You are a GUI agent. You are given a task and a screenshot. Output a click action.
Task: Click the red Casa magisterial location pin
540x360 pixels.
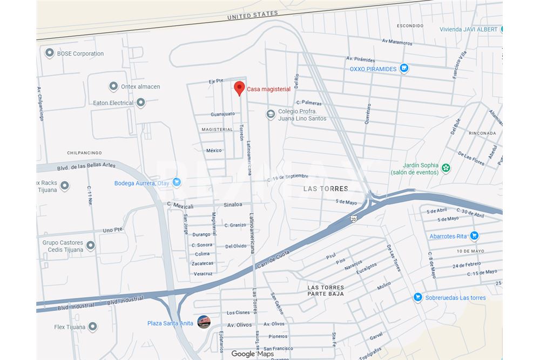[239, 88]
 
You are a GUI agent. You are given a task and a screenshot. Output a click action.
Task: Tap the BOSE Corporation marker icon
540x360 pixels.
[50, 53]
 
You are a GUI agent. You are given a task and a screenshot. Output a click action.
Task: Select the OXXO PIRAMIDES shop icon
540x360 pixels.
[404, 69]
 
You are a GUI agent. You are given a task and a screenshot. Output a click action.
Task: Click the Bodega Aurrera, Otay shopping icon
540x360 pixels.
[177, 182]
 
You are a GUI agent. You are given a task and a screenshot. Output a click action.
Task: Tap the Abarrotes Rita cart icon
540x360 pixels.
[474, 235]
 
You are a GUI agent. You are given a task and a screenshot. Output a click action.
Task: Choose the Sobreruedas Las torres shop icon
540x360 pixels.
[417, 297]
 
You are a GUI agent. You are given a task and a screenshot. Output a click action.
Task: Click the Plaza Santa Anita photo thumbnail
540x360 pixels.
[204, 322]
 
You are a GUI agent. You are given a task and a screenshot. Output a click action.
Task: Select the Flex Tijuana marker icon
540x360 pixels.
[93, 327]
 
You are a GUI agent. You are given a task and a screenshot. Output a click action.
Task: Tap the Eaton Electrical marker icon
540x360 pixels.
[140, 103]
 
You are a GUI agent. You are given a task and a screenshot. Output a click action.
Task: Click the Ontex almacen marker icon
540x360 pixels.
[113, 86]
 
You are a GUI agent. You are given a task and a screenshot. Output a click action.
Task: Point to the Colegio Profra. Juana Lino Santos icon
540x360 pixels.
[271, 114]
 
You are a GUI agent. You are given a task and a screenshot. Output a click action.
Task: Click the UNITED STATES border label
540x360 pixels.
[252, 16]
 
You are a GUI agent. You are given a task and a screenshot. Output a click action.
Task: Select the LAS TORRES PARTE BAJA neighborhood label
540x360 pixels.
[326, 290]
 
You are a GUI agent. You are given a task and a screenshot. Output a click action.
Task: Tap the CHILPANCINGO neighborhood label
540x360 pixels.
[84, 153]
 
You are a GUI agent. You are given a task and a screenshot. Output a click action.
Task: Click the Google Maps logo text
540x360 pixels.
[252, 354]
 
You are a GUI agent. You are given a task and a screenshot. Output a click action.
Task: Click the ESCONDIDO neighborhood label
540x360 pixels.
[410, 25]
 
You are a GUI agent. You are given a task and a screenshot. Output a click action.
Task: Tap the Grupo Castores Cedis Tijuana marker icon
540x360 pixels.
[91, 246]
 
